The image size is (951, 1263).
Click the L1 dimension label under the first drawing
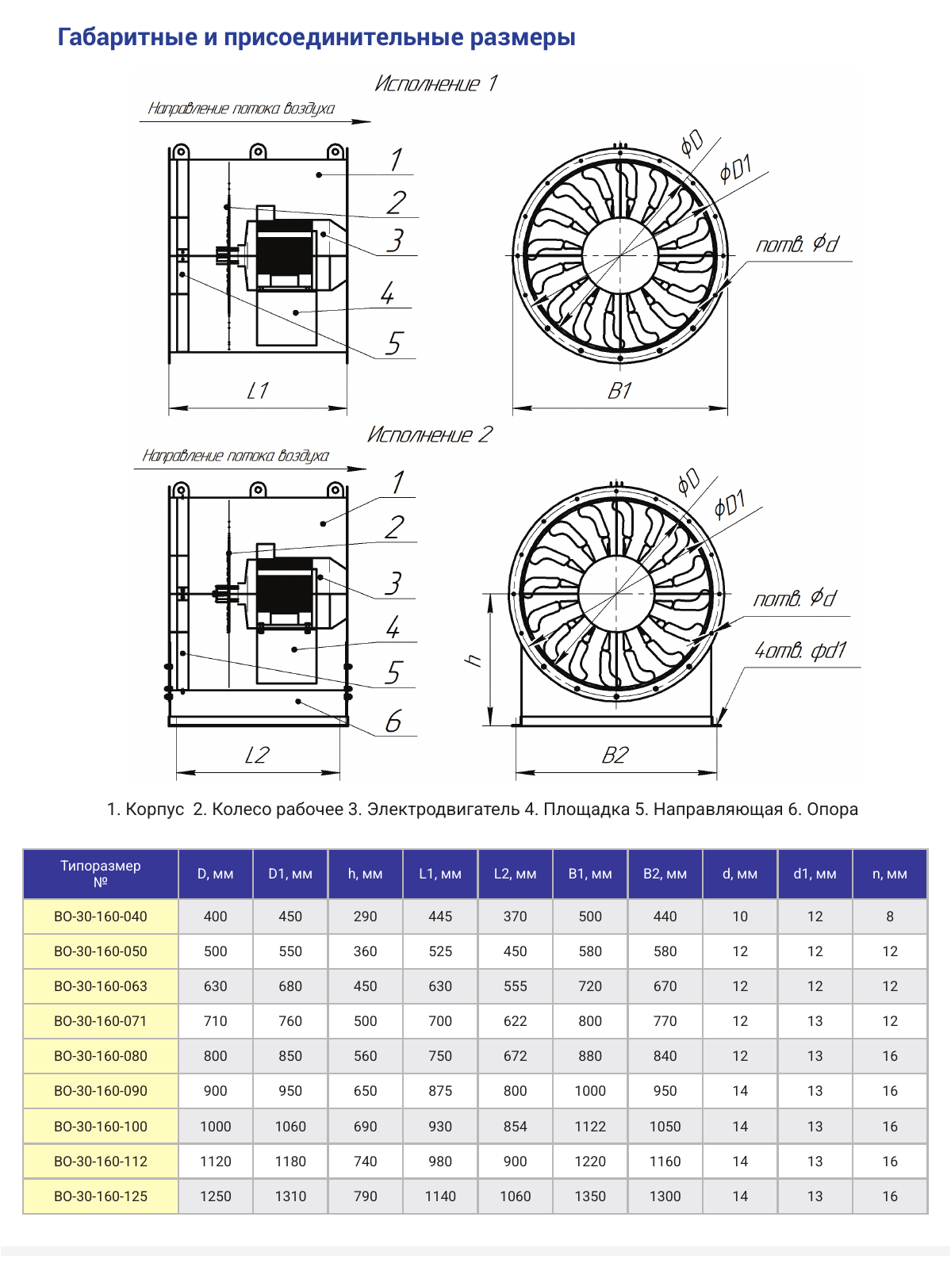pyautogui.click(x=257, y=392)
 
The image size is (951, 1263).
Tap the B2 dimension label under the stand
pyautogui.click(x=615, y=756)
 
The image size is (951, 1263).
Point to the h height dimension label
pyautogui.click(x=474, y=660)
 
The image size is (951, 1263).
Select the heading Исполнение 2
pyautogui.click(x=429, y=434)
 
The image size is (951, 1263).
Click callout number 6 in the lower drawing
pyautogui.click(x=393, y=721)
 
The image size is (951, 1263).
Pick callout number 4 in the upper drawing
pyautogui.click(x=387, y=293)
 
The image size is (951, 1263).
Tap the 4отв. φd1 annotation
pyautogui.click(x=800, y=650)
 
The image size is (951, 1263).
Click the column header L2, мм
pyautogui.click(x=516, y=874)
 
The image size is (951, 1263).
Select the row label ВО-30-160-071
pyautogui.click(x=101, y=1021)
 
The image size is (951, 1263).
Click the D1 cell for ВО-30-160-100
pyautogui.click(x=290, y=1127)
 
